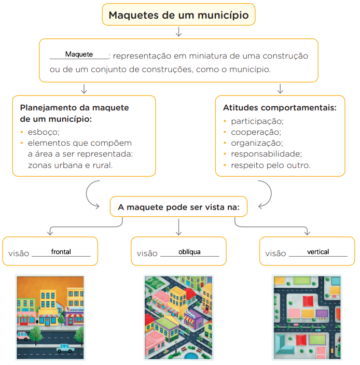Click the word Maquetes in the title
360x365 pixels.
coord(134,16)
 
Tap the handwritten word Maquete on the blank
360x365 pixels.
coord(79,54)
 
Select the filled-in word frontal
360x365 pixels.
coord(61,251)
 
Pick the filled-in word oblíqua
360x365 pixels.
coord(189,252)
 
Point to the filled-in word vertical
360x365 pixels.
coord(318,251)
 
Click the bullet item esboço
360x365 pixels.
coord(44,132)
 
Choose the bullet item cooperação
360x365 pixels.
coord(256,132)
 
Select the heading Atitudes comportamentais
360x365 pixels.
coord(280,108)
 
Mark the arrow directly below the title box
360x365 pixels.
coord(178,32)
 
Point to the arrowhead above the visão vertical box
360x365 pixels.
coord(307,232)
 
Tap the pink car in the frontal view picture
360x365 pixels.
coord(23,336)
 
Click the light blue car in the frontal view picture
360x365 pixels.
coord(65,348)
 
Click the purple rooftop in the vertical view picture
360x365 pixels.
coord(322,313)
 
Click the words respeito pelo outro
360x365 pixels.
coord(271,165)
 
